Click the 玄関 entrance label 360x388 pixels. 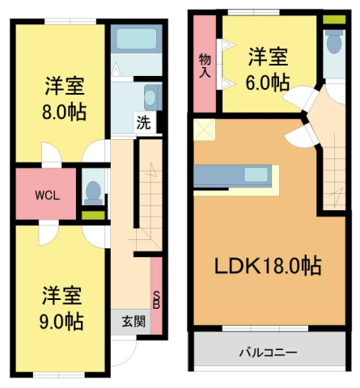[x=133, y=319]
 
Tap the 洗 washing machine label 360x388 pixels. [x=143, y=124]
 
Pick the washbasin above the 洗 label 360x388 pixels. [x=150, y=98]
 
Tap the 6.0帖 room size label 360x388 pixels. [x=268, y=82]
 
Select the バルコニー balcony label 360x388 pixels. [x=267, y=352]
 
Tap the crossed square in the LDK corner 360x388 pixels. [x=201, y=129]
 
